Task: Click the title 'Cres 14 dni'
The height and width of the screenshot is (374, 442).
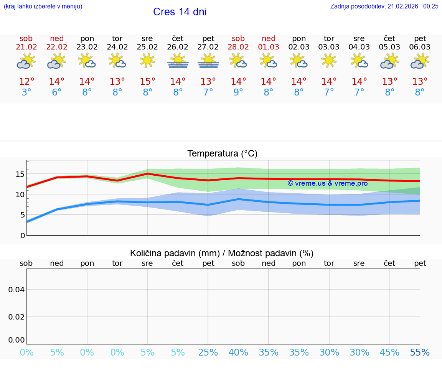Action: tap(180, 12)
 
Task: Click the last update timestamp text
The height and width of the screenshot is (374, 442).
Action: tap(384, 6)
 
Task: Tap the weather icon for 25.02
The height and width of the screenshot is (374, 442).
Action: tap(147, 61)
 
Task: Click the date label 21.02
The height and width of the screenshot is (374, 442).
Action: tap(26, 47)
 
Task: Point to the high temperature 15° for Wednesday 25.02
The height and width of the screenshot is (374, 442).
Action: tap(147, 82)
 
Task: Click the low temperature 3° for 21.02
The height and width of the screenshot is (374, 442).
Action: tap(26, 92)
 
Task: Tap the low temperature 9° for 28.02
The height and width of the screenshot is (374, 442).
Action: tap(238, 92)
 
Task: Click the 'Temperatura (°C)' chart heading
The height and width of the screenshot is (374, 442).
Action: tap(222, 154)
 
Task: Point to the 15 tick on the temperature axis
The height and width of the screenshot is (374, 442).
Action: tap(20, 174)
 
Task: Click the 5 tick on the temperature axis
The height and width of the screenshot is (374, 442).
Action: tap(22, 215)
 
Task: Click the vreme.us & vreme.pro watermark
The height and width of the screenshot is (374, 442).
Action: tap(328, 183)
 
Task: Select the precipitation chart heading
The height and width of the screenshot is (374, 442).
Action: tap(222, 253)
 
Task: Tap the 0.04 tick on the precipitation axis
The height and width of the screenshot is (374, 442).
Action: tap(16, 290)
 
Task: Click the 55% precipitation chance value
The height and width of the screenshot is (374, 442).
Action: tap(420, 353)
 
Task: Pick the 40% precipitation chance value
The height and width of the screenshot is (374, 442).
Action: tap(238, 353)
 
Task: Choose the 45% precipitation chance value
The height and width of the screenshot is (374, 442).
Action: tap(389, 353)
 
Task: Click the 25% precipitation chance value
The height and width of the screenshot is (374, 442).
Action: tap(208, 353)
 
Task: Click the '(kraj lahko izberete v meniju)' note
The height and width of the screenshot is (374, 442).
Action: tap(43, 6)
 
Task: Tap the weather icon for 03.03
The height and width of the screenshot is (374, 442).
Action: tap(329, 61)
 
